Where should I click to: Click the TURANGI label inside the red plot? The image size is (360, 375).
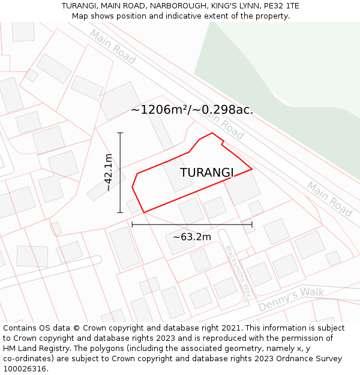[x=206, y=173]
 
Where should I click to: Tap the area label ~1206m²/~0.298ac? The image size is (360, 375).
[x=192, y=110]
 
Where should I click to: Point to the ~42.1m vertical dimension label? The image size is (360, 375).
[x=109, y=172]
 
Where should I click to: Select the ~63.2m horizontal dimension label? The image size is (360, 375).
[x=192, y=237]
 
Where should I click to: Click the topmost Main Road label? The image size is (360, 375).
[x=113, y=46]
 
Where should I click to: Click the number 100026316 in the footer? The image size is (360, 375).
[x=25, y=369]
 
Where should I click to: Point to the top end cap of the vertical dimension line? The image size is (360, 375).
[x=121, y=133]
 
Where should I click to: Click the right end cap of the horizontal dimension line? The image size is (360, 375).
[x=252, y=224]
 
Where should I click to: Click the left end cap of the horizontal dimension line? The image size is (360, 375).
[x=132, y=224]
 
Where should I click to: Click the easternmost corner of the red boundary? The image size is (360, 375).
[x=252, y=169]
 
